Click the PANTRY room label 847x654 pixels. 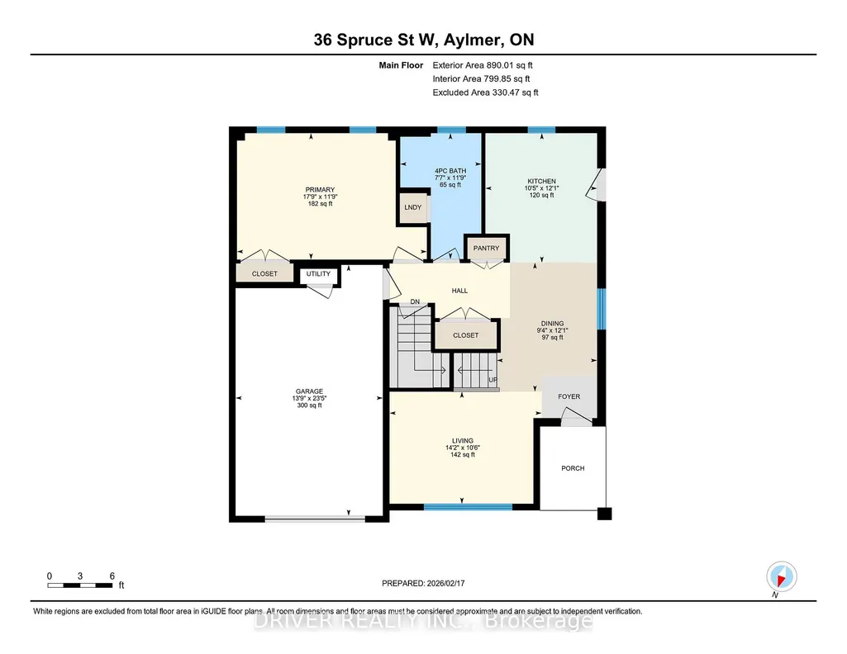point(486,249)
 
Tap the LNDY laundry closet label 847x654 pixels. point(412,207)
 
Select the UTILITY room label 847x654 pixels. point(318,273)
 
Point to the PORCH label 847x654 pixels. point(573,468)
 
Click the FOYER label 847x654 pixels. point(569,396)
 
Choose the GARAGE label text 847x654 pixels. point(309,391)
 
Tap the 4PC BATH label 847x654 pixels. point(450,171)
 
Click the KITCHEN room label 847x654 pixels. point(541,182)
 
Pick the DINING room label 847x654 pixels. point(552,324)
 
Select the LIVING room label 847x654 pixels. point(463,441)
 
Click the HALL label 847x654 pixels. point(459,291)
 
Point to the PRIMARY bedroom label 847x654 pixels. point(320,190)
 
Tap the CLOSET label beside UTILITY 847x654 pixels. point(264,274)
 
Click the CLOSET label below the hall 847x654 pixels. point(465,335)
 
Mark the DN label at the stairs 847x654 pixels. point(415,302)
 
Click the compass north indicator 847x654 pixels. point(781,576)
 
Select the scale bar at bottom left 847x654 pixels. point(80,585)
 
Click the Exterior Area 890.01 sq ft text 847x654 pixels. point(483,65)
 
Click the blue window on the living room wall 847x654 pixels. point(468,507)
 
